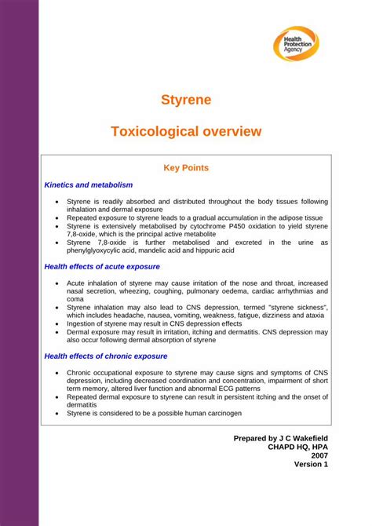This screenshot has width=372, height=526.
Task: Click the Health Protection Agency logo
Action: click(x=296, y=44)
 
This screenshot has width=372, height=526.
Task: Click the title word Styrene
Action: click(x=186, y=100)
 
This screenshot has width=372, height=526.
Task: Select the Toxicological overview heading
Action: click(x=186, y=131)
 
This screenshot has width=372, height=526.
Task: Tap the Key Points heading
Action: click(x=186, y=167)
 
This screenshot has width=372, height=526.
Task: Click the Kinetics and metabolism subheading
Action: click(x=89, y=185)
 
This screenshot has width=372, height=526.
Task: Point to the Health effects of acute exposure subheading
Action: click(x=102, y=266)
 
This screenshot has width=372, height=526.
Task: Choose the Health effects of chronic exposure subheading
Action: click(x=106, y=356)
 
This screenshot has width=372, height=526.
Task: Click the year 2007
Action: click(x=319, y=455)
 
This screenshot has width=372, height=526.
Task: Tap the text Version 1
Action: click(x=311, y=464)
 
